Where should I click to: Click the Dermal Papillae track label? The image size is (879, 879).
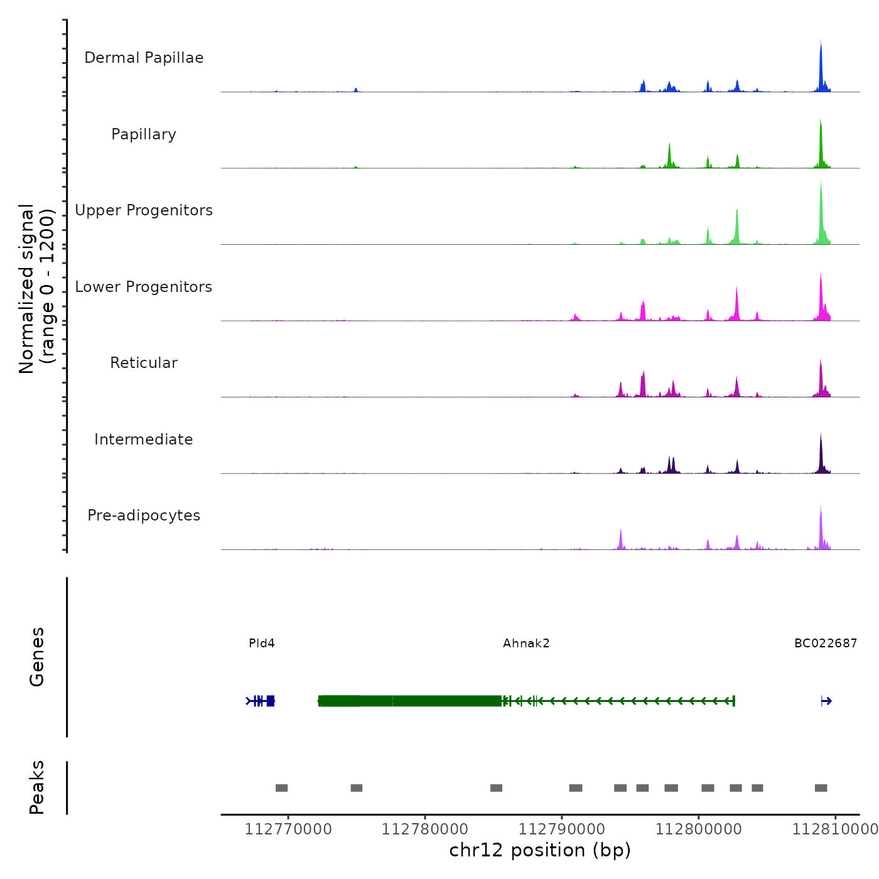tap(144, 58)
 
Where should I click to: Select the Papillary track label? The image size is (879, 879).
tap(144, 134)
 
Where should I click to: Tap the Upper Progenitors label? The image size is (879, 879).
tap(144, 210)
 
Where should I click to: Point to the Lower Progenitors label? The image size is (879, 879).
tap(144, 287)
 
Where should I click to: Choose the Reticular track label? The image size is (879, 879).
tap(144, 363)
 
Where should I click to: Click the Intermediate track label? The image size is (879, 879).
tap(144, 439)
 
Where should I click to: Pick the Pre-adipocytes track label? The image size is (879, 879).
tap(144, 515)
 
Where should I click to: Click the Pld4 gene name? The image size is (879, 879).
tap(262, 643)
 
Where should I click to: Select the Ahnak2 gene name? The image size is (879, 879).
tap(526, 643)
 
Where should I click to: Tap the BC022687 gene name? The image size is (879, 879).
tap(826, 643)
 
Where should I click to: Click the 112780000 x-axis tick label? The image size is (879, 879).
tap(425, 829)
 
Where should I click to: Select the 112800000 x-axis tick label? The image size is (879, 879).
tap(699, 829)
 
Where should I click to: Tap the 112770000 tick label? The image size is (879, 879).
tap(288, 829)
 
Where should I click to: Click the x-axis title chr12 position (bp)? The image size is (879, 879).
tap(540, 850)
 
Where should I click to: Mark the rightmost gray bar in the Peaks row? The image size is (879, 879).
tap(821, 788)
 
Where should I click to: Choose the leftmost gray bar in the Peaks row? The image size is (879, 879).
tap(281, 788)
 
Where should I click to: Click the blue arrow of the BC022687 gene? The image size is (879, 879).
tap(826, 701)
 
